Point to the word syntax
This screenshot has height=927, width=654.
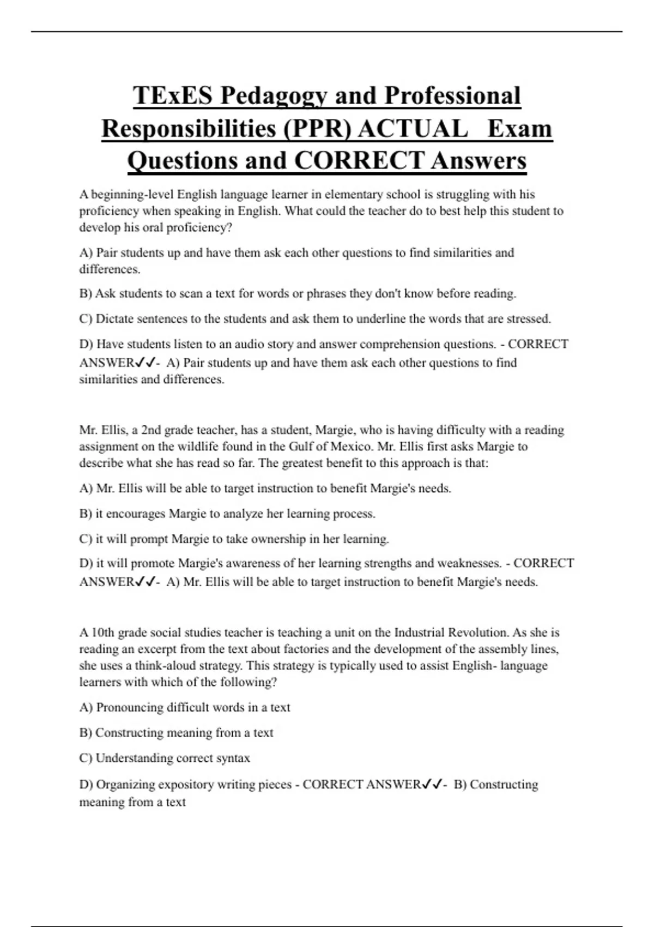[x=233, y=759]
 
